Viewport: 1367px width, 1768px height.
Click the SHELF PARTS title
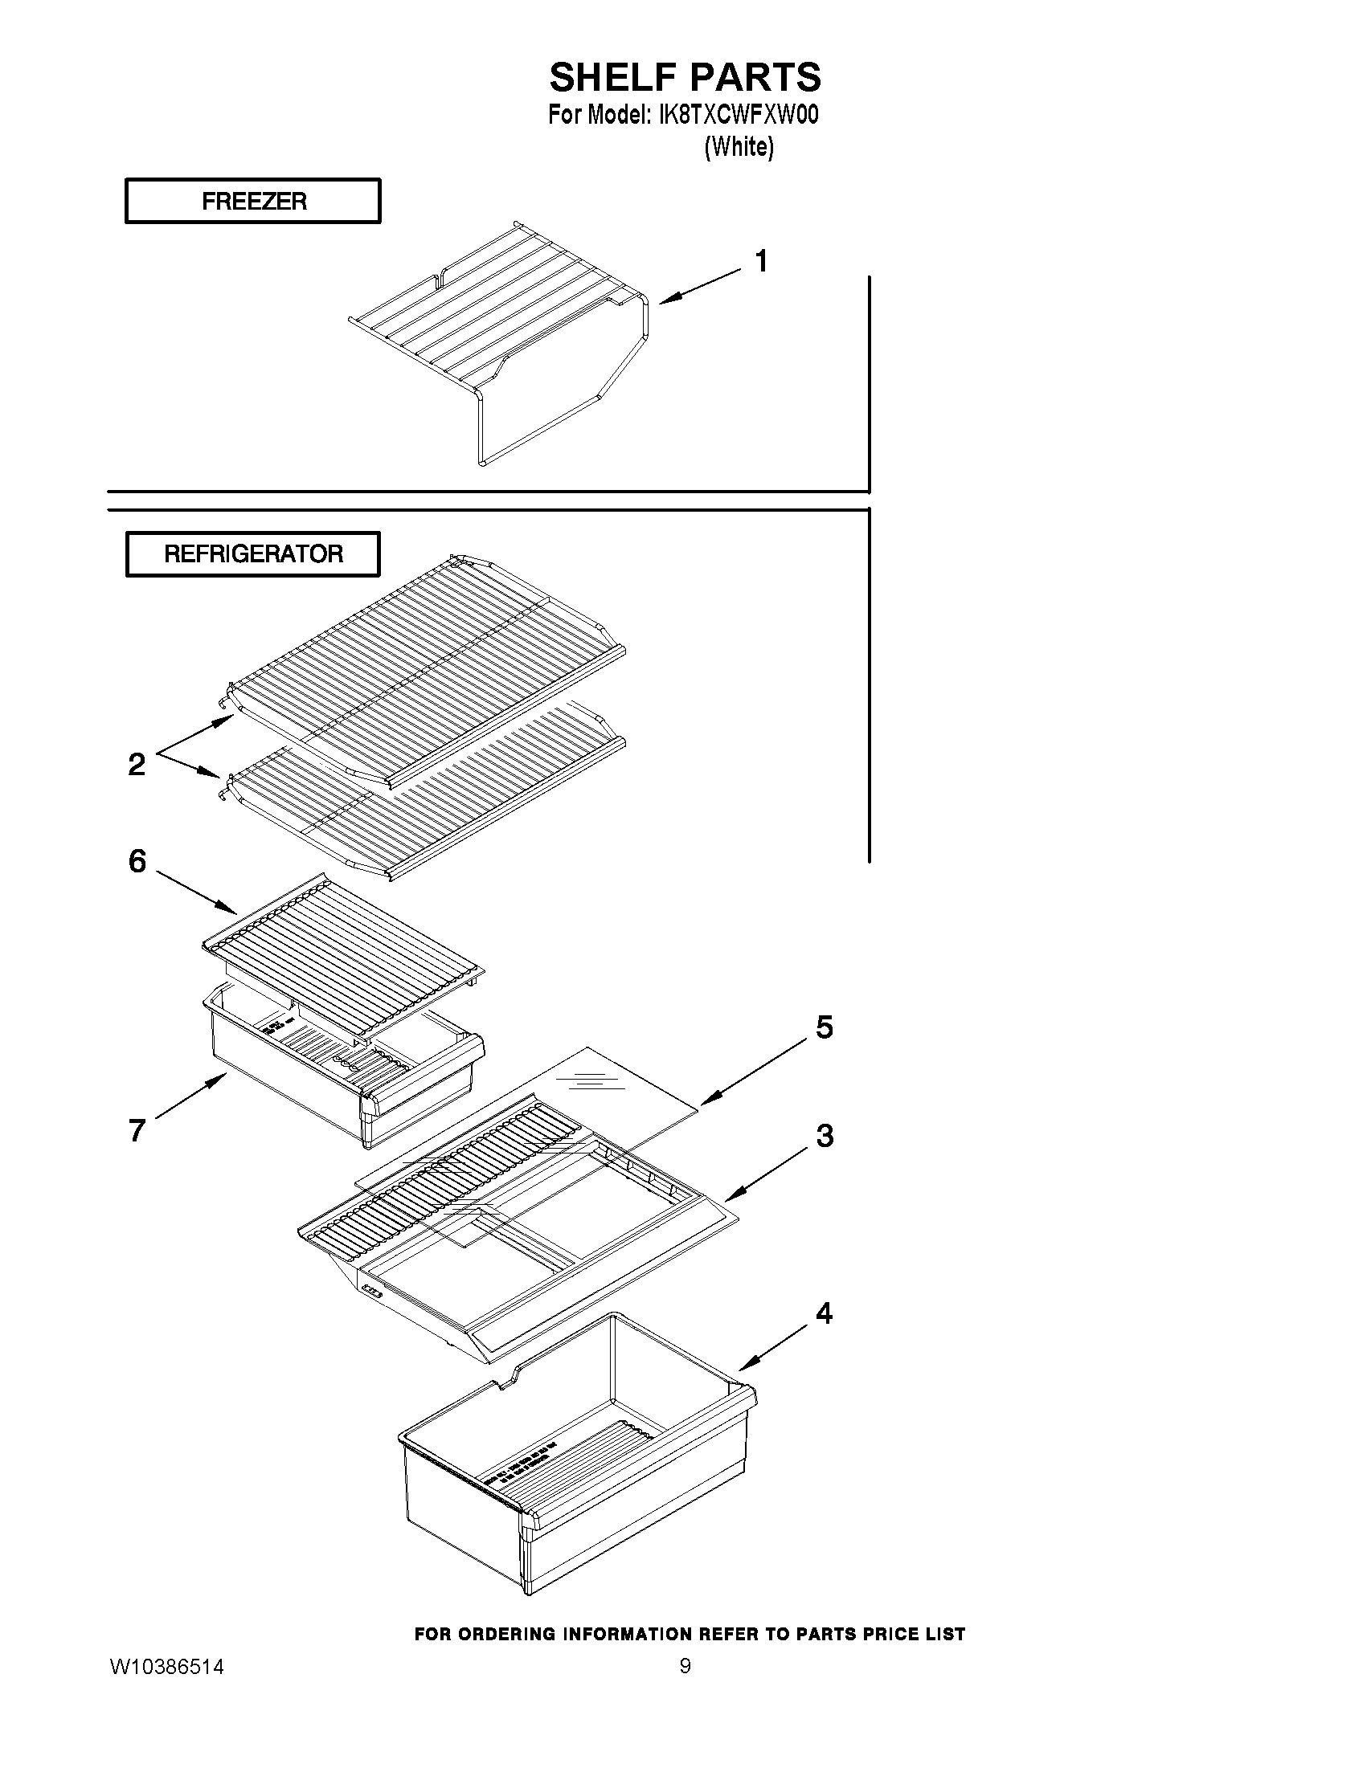coord(685,78)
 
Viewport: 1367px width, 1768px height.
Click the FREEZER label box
coord(252,201)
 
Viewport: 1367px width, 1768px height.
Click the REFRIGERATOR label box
coord(252,554)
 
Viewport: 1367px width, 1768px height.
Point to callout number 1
coord(761,262)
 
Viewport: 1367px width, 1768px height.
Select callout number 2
coord(137,764)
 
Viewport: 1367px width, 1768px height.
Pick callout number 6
coord(137,861)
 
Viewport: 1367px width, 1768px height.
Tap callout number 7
coord(137,1130)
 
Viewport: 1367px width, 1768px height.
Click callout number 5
coord(824,1027)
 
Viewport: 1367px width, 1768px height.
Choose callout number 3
coord(825,1136)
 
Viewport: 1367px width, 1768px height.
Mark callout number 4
coord(824,1313)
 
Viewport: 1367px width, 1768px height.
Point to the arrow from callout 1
coord(700,288)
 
